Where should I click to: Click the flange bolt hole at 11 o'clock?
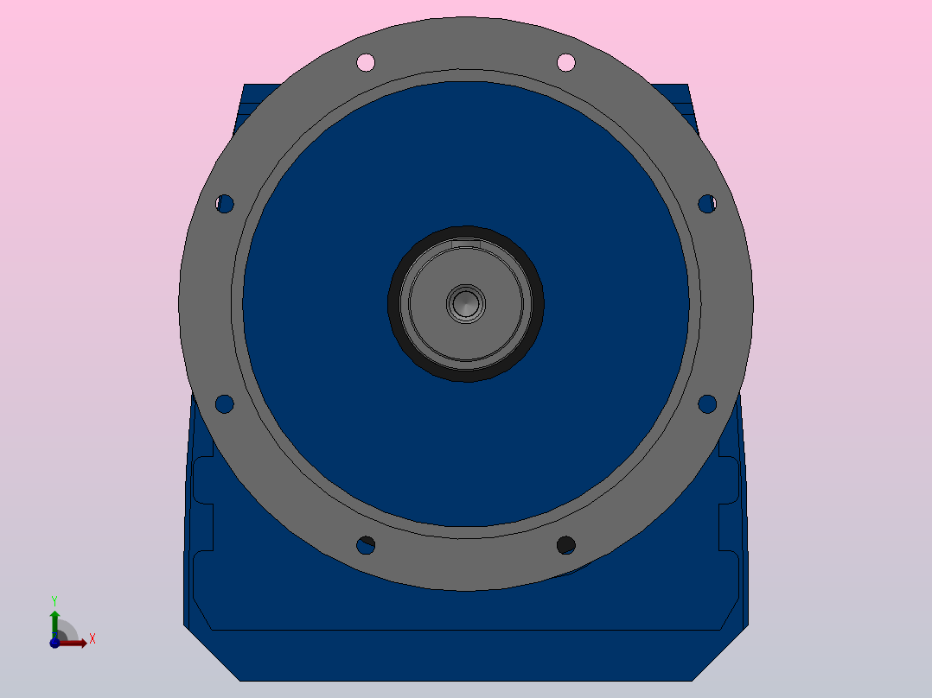pyautogui.click(x=366, y=62)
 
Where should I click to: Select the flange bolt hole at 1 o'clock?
pyautogui.click(x=566, y=62)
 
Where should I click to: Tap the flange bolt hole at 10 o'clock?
pyautogui.click(x=225, y=204)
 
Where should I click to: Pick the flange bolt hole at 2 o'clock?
pyautogui.click(x=707, y=204)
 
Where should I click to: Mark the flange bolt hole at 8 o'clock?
pyautogui.click(x=224, y=403)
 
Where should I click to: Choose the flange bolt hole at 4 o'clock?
pyautogui.click(x=707, y=403)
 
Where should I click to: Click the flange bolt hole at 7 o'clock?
pyautogui.click(x=366, y=545)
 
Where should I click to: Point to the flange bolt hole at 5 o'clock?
pyautogui.click(x=565, y=545)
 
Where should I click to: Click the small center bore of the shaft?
pyautogui.click(x=466, y=303)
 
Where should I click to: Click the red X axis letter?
pyautogui.click(x=92, y=639)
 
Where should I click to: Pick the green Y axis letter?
pyautogui.click(x=54, y=600)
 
